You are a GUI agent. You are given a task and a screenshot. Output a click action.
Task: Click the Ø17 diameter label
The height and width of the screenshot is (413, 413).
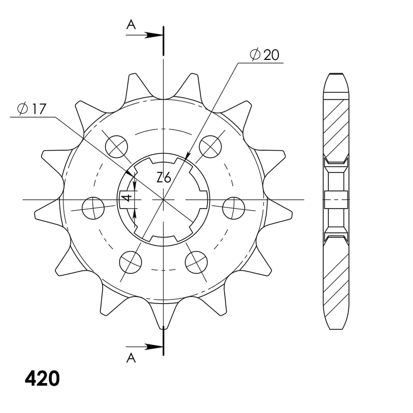coord(32,108)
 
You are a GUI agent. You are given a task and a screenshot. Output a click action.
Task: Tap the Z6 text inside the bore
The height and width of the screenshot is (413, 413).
coord(164,178)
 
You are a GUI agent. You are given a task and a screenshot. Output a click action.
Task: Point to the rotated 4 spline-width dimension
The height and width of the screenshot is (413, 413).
coord(124,198)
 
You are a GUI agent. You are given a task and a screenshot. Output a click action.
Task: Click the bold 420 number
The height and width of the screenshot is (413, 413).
coord(42,379)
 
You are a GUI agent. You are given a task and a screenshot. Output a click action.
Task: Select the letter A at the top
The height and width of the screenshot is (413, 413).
coord(132,24)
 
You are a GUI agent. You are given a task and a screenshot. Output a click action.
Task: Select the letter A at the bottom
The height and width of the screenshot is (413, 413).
coord(132,357)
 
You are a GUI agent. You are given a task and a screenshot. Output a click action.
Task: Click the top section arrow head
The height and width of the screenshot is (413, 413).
coord(155,36)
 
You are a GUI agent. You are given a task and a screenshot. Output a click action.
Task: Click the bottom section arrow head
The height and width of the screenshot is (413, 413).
coord(155,346)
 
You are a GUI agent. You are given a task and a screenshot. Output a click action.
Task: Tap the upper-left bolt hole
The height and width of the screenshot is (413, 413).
coord(116,146)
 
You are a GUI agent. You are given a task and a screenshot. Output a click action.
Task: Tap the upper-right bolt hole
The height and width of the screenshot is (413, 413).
coord(211,146)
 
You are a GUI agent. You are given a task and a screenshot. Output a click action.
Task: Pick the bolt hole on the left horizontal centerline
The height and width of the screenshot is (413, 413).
coord(93,208)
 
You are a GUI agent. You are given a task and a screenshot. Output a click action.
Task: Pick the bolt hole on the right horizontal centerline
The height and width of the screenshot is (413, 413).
coord(234,208)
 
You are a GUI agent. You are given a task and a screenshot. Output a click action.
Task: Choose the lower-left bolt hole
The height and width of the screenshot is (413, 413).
coord(130,262)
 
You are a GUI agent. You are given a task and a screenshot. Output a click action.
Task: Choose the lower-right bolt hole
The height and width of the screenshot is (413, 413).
coord(197,262)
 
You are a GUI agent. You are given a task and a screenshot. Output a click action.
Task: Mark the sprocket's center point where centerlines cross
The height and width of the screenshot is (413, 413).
coord(164,199)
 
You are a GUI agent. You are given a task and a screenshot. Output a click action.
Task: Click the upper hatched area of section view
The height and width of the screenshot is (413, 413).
coord(336,126)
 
